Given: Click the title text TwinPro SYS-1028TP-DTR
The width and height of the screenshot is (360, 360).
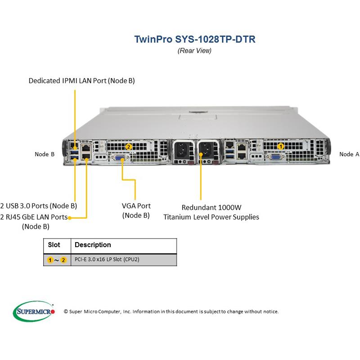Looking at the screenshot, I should point(195,39).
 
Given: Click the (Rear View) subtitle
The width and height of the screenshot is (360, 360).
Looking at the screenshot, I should point(194,50).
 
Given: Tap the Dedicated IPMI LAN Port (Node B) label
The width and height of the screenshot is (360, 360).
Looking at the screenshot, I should point(81,81).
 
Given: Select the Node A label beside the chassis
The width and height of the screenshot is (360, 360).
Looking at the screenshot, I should point(349,154).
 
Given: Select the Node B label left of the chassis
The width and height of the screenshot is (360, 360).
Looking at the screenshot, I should point(45,154).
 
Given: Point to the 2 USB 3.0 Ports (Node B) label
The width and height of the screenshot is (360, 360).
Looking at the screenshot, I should point(39,206).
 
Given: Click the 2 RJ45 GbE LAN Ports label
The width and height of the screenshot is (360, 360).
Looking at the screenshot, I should point(34,217).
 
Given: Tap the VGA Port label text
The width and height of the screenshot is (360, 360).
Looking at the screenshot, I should point(136,206).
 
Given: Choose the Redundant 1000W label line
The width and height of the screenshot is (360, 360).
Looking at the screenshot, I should point(211,207).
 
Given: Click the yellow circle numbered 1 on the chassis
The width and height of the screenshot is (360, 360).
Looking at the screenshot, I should point(281,146).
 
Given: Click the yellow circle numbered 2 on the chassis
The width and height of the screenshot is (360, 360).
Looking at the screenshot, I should point(129,146).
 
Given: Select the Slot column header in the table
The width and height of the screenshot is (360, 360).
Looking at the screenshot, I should point(54,245).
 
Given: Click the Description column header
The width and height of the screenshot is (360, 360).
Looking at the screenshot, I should point(93,245).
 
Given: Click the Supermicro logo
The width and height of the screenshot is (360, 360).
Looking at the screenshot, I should point(34,311).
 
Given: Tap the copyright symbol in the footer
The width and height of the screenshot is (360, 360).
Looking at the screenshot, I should point(66,311).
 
